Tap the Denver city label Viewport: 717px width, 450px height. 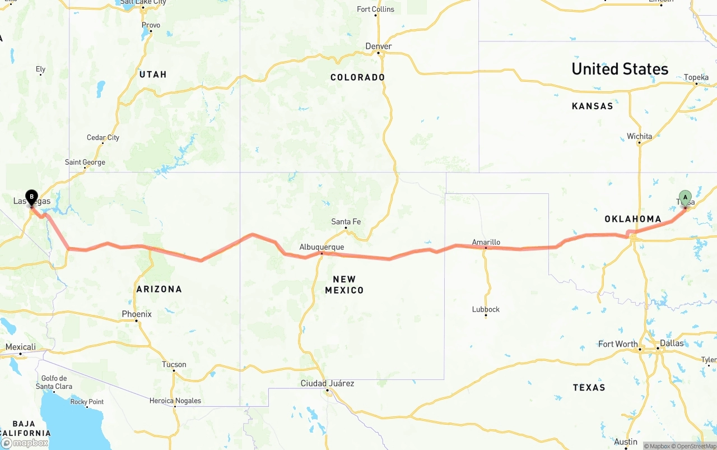[379, 46]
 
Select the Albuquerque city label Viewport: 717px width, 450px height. [322, 247]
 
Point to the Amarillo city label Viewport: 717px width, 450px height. [486, 242]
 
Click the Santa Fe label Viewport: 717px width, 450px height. [346, 221]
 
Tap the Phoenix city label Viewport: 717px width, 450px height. [137, 314]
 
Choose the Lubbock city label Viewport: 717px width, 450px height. [486, 309]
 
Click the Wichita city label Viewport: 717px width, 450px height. [639, 136]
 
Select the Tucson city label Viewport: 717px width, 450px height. [174, 364]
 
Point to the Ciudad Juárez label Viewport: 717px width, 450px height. [328, 383]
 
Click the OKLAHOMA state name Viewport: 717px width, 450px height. [633, 219]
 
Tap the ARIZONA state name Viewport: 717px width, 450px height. [159, 289]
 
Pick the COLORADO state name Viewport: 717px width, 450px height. [357, 77]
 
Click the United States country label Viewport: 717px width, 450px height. [620, 69]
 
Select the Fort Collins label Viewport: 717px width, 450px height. [375, 9]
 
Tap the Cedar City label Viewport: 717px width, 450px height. [103, 137]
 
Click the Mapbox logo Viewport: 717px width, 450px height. [25, 443]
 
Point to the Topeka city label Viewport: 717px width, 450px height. [696, 77]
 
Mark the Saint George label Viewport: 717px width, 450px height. [85, 162]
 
